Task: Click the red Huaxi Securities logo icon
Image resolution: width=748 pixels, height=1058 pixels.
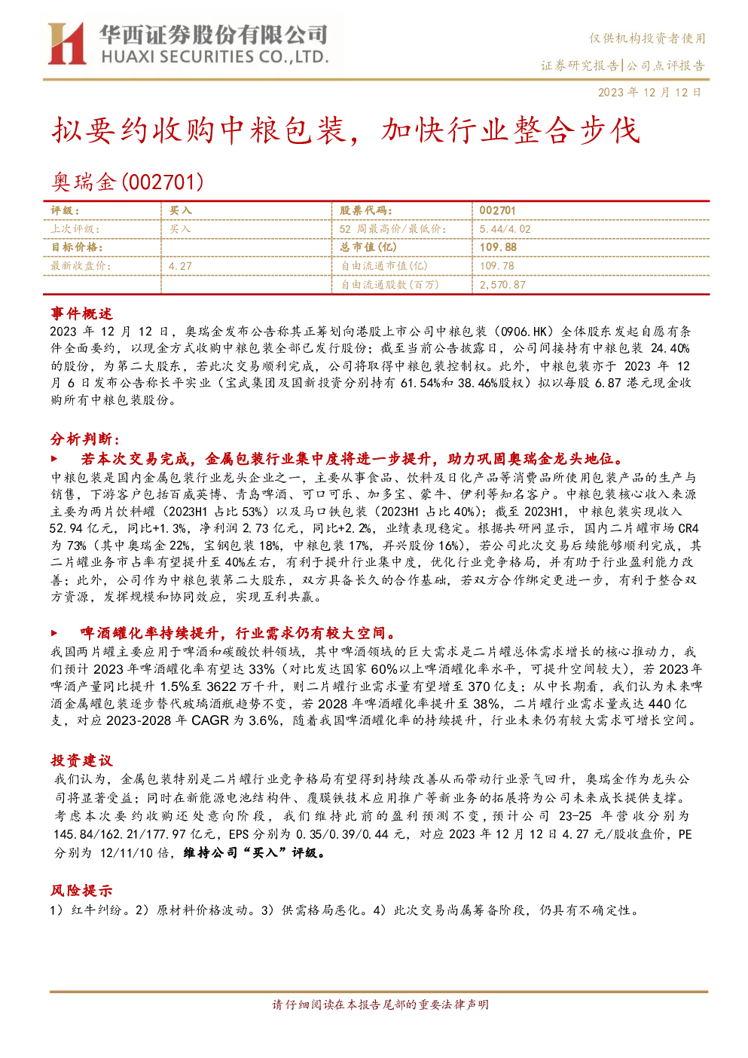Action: (67, 43)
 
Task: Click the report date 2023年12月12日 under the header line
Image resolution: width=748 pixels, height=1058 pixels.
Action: (649, 93)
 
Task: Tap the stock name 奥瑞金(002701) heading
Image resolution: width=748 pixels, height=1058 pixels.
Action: (127, 182)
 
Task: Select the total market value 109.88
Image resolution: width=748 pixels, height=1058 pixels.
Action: (498, 247)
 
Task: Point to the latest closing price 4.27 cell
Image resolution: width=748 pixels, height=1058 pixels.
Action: (180, 266)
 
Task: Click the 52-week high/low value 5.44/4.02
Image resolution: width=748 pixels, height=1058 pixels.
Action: (505, 229)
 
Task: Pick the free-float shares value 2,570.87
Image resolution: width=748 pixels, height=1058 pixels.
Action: (502, 285)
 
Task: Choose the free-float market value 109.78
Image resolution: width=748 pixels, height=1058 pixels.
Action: (496, 266)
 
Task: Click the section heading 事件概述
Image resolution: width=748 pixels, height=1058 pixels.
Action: (81, 313)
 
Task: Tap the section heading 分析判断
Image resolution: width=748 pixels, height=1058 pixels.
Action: (81, 439)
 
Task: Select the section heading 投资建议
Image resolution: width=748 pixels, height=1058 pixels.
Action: (81, 760)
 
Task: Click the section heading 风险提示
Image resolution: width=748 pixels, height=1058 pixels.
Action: (81, 891)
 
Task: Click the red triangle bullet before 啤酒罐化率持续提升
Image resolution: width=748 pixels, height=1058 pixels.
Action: (54, 633)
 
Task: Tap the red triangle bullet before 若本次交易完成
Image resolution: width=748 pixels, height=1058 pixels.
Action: (54, 458)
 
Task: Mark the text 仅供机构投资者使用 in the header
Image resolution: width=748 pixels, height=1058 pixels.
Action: (647, 38)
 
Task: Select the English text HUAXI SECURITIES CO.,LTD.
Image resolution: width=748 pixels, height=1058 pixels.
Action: (215, 57)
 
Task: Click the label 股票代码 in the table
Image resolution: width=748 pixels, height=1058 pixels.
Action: (365, 211)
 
